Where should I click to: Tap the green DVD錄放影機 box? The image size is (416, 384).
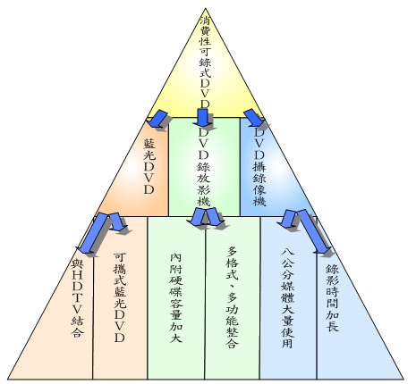point(204,167)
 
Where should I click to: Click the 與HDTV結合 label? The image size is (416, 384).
point(77,298)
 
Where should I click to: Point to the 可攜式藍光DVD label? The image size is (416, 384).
point(120,297)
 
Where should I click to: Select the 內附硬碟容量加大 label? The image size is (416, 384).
point(176,297)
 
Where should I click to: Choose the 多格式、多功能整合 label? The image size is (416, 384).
point(233,297)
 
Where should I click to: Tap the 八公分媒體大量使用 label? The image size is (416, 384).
point(288,297)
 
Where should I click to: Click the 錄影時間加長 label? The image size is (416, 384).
point(332,298)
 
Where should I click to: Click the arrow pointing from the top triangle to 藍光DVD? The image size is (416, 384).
point(158,119)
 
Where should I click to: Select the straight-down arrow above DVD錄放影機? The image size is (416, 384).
point(202,118)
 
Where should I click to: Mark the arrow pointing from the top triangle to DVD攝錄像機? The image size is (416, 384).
point(253,117)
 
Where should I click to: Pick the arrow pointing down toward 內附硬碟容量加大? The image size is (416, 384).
point(196,217)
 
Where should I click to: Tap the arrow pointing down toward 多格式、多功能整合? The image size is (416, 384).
point(214,217)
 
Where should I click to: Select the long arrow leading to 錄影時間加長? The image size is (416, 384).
point(313,231)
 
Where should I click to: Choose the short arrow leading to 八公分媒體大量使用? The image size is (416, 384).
point(287,218)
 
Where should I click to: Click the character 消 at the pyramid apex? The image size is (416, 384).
point(205,21)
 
